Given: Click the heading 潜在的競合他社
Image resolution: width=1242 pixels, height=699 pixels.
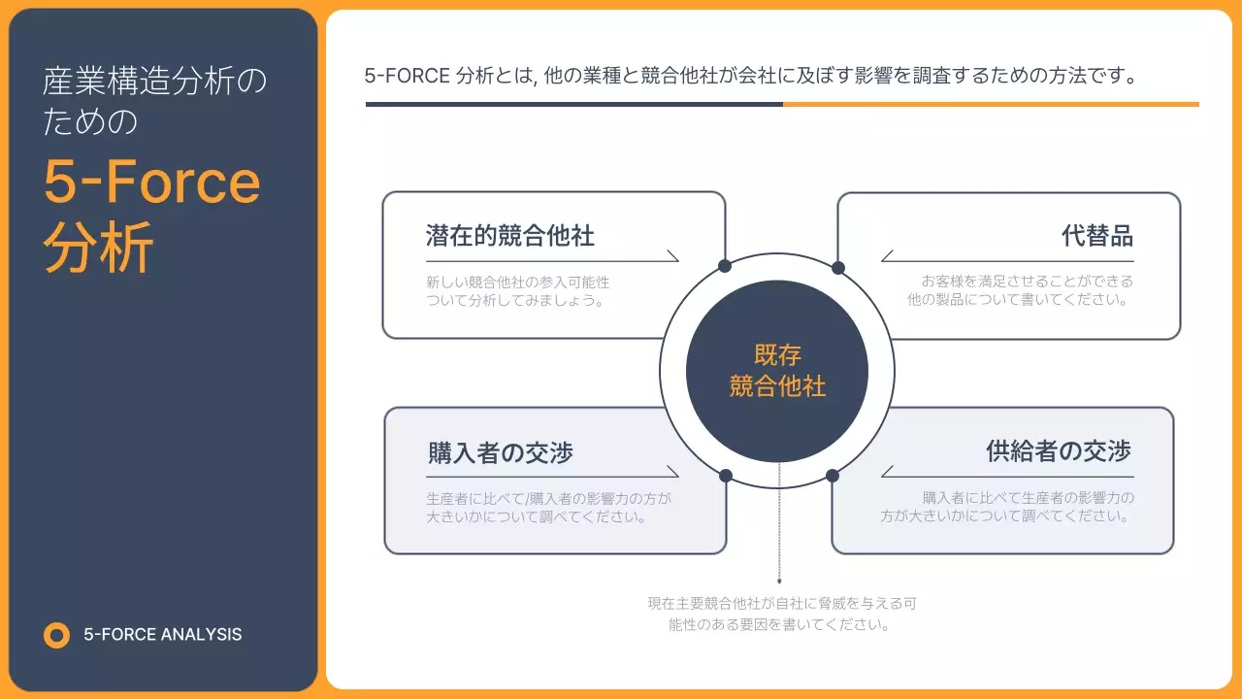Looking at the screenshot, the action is coord(509,235).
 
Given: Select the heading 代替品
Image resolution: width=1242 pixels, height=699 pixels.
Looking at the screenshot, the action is coord(1096,236).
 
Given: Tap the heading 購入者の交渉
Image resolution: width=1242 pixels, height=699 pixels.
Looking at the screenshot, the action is coord(500,452).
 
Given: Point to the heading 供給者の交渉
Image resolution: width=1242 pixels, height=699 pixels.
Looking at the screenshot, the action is coord(1059,451).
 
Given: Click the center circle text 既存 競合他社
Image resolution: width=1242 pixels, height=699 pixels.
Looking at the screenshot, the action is coord(777,371).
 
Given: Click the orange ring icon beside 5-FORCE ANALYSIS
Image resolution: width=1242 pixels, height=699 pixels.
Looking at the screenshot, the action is coord(57,635).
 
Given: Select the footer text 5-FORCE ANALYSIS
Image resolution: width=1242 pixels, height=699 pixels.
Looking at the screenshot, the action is coord(163,635).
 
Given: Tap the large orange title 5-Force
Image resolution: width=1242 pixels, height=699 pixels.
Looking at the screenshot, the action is coord(152,182).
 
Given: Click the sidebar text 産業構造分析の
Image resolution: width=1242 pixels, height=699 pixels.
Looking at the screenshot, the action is coord(153,83).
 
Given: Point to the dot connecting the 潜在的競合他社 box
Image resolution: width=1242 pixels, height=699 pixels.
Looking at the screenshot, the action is coord(725,266).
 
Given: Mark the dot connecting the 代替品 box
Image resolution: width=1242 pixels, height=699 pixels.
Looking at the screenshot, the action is coord(838,268).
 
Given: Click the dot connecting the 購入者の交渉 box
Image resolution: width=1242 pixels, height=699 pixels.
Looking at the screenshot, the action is coord(726,476).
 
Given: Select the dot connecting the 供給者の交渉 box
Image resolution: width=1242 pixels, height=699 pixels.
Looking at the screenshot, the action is coord(833,476).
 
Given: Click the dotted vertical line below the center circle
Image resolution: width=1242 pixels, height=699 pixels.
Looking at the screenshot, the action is coord(779,524).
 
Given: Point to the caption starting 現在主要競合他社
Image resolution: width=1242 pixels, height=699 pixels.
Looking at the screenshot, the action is coord(781,614).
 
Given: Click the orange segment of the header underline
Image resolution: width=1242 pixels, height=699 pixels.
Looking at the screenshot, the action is coord(991,104).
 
